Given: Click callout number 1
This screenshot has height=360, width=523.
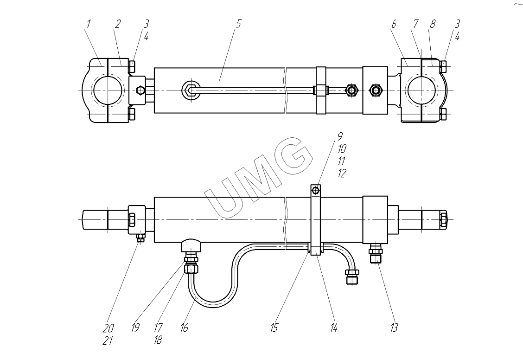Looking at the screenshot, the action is click(89, 24).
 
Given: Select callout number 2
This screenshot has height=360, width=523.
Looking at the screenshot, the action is click(118, 24).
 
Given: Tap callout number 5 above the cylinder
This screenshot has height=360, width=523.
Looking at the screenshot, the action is click(238, 24).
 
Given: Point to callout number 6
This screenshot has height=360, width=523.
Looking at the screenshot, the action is click(394, 24).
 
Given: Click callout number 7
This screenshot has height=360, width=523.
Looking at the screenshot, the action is click(415, 24).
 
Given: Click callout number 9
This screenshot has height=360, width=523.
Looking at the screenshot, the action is click(340, 136).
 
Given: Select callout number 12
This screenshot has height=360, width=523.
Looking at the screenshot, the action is click(342, 173).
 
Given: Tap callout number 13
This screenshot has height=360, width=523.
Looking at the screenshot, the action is click(394, 328).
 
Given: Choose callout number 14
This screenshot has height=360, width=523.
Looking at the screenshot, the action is click(333, 328).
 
